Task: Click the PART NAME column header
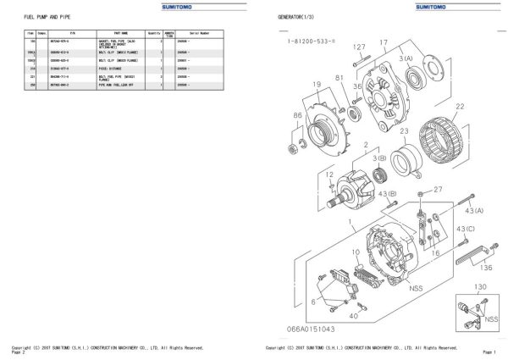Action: tap(119, 33)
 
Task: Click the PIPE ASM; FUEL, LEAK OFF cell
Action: tap(114, 84)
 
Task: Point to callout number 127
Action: tap(359, 47)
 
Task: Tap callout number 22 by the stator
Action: tap(460, 106)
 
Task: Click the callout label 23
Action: tap(405, 131)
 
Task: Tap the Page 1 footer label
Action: tap(488, 351)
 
